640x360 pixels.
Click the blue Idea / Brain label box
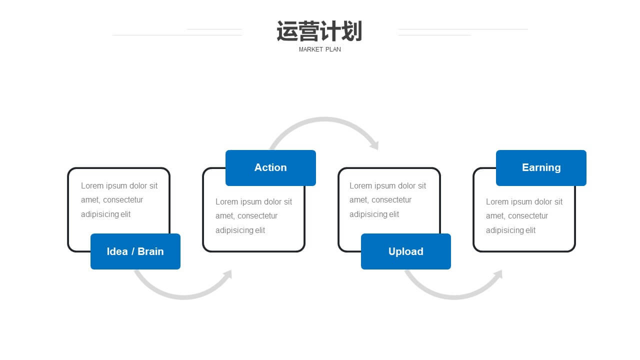(135, 251)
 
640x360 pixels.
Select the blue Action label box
(270, 168)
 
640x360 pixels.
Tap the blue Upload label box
(406, 251)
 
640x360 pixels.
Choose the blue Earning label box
(541, 168)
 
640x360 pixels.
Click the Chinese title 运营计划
(319, 31)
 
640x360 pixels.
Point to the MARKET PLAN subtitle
(319, 49)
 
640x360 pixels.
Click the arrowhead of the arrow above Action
(375, 145)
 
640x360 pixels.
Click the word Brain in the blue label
(150, 251)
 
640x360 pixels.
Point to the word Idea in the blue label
(117, 251)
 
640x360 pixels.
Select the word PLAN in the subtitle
(333, 49)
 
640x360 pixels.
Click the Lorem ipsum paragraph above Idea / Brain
(119, 200)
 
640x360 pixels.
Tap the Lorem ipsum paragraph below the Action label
(253, 216)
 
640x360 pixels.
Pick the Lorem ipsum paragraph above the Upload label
(387, 200)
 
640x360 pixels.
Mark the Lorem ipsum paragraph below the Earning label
(524, 216)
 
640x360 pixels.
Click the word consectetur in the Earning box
(528, 216)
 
